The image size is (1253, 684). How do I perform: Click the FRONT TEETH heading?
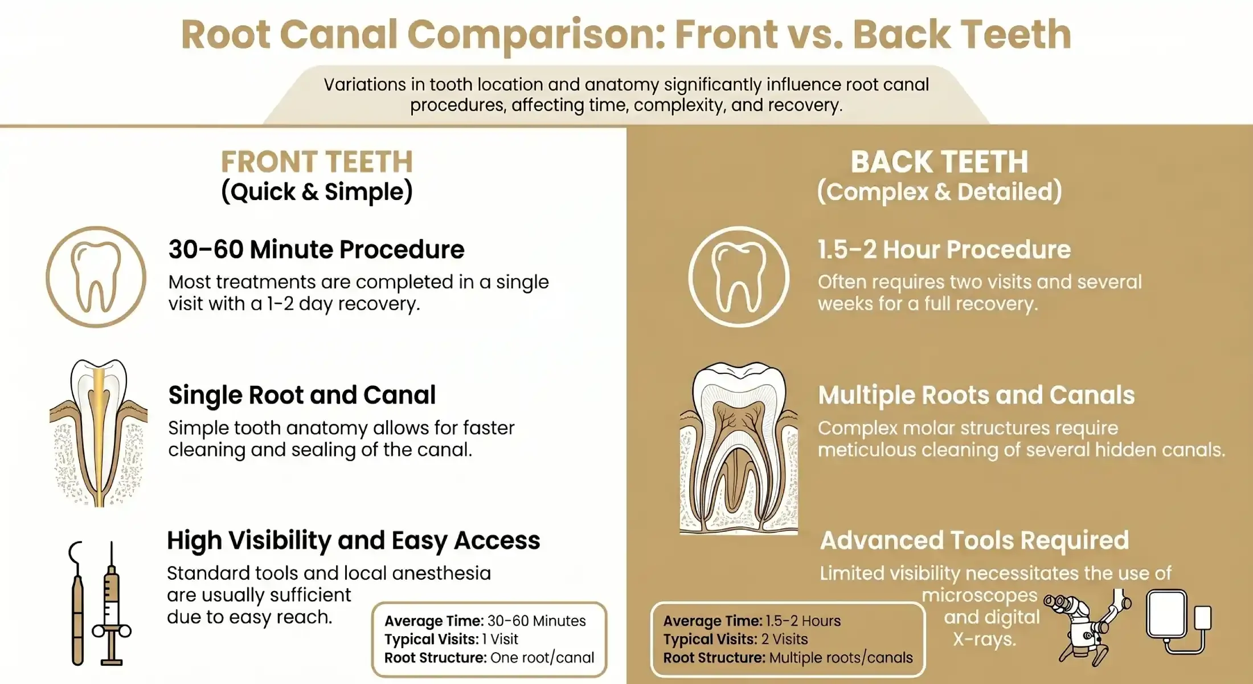pyautogui.click(x=317, y=162)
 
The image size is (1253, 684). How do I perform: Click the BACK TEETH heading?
pyautogui.click(x=939, y=162)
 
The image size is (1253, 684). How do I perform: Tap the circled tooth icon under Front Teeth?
pyautogui.click(x=96, y=277)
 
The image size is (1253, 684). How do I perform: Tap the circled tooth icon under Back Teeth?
pyautogui.click(x=739, y=277)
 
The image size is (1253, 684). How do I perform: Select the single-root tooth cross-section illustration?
pyautogui.click(x=99, y=433)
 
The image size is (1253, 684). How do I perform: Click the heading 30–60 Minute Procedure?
pyautogui.click(x=316, y=250)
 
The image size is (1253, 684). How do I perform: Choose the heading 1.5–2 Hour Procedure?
pyautogui.click(x=944, y=250)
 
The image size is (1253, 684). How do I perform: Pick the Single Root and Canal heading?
pyautogui.click(x=302, y=395)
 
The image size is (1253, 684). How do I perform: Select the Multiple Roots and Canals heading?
pyautogui.click(x=976, y=395)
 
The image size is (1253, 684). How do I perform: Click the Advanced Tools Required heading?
pyautogui.click(x=974, y=540)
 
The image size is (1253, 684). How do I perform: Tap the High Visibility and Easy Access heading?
pyautogui.click(x=353, y=540)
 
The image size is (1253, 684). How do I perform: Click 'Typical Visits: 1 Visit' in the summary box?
pyautogui.click(x=451, y=639)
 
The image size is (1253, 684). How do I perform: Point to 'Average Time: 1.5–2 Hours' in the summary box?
pyautogui.click(x=751, y=621)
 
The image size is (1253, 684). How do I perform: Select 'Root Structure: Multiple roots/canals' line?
pyautogui.click(x=788, y=658)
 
